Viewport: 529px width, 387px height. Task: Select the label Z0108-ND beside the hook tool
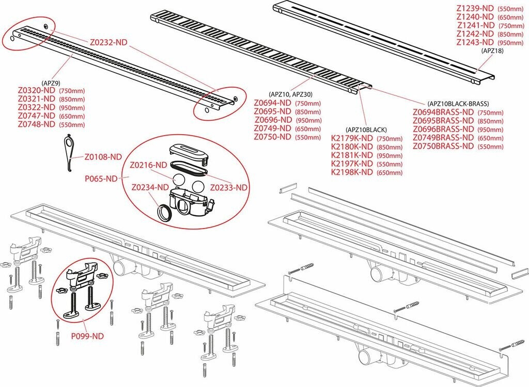[x=103, y=156]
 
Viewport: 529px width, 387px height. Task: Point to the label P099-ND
[x=87, y=336]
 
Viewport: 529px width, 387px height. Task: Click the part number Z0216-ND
[x=148, y=165]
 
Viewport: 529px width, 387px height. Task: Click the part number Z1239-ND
[x=475, y=9]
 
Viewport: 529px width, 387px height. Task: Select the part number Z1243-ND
[x=475, y=42]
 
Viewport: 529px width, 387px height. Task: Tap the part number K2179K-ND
[x=352, y=138]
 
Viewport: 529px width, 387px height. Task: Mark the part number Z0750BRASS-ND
[x=443, y=146]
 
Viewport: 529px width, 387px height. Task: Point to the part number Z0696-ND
[x=272, y=120]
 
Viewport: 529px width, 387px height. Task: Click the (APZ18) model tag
[x=492, y=51]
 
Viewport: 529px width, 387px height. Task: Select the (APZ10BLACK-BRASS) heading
[x=458, y=104]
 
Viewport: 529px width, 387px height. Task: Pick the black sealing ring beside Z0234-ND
[x=165, y=212]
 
